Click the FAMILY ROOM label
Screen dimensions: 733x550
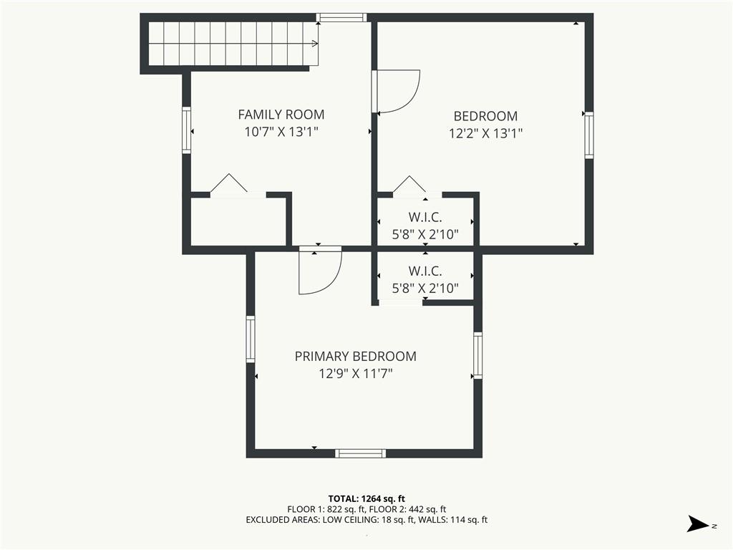[x=281, y=115]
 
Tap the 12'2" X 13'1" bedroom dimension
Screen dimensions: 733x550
[x=485, y=134]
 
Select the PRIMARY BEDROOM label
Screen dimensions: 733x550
[x=355, y=357]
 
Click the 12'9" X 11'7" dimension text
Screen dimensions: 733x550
[x=355, y=374]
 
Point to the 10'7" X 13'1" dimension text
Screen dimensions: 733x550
[x=281, y=132]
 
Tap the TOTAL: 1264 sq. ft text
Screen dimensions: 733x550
[x=366, y=498]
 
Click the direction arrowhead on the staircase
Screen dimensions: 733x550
[x=315, y=44]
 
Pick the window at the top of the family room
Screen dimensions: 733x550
[x=341, y=18]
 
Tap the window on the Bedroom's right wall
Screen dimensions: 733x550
[x=589, y=135]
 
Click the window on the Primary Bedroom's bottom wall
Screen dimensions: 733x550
[x=361, y=453]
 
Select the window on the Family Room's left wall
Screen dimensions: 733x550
[x=187, y=130]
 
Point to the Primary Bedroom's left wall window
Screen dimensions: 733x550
[x=251, y=339]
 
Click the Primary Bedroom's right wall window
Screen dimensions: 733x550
[x=477, y=355]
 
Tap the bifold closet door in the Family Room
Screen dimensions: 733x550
[x=228, y=183]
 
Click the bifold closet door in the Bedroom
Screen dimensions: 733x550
[x=410, y=185]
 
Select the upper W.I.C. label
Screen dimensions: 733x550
[x=425, y=218]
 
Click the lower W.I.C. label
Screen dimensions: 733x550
[x=425, y=271]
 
